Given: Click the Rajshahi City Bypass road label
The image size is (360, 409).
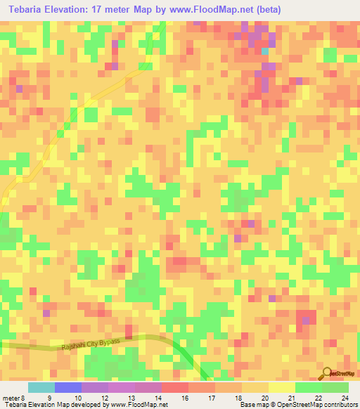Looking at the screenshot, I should click(x=90, y=344).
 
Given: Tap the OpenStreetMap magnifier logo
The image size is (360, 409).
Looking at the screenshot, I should click(x=326, y=373).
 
